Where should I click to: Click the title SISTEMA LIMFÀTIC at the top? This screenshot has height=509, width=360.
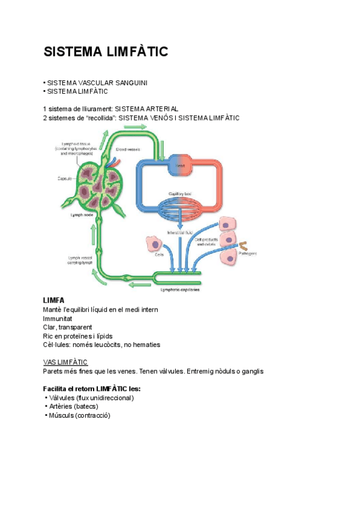[x=106, y=53]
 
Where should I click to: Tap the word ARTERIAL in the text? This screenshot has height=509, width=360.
[x=158, y=109]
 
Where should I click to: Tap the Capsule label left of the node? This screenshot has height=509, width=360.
[x=65, y=179]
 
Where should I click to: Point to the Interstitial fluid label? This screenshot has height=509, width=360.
[x=180, y=232]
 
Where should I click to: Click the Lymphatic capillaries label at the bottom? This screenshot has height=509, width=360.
[x=180, y=290]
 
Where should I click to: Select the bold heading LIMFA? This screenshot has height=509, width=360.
[x=54, y=300]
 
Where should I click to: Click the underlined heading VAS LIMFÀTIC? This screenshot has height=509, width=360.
[x=65, y=362]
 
